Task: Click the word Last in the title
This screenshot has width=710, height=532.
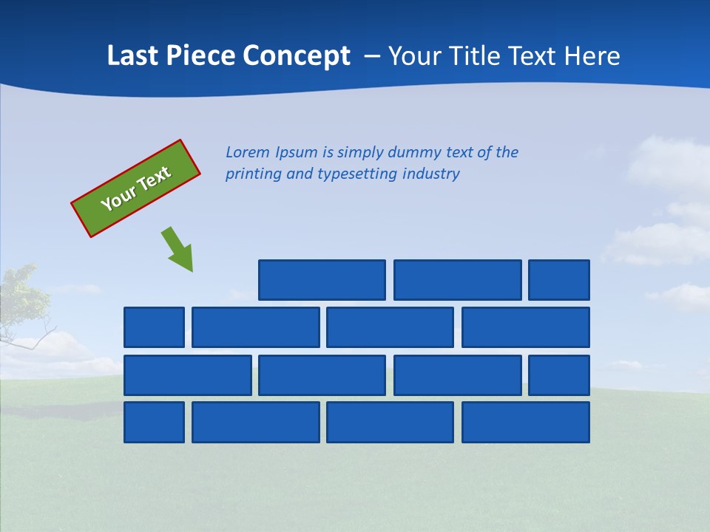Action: [x=131, y=56]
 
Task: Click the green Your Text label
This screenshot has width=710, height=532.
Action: [x=136, y=188]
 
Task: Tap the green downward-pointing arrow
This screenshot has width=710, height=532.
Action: [x=177, y=249]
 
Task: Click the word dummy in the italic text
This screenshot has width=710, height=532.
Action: [x=414, y=152]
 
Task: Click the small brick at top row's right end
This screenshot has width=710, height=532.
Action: [x=559, y=280]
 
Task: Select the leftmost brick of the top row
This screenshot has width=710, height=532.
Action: [x=322, y=280]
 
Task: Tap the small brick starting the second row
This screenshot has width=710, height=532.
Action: [x=154, y=327]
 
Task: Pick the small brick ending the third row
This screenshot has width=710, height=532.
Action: [x=559, y=375]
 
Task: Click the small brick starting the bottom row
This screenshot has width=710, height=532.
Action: [x=154, y=423]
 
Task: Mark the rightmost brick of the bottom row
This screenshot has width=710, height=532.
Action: [x=526, y=423]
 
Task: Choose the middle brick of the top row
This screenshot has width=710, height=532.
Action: [x=457, y=280]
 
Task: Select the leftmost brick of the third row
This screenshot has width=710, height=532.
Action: [x=188, y=375]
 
